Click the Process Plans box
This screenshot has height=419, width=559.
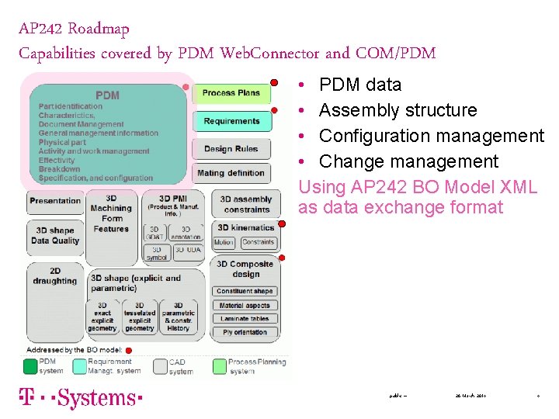point(231,93)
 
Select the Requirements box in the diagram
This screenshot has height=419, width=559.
point(231,121)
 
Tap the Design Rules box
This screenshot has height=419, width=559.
point(231,149)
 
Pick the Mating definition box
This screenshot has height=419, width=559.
point(231,173)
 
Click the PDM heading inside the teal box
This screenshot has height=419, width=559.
point(107,95)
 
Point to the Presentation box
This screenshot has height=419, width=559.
point(55,201)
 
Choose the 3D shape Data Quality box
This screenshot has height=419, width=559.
point(55,236)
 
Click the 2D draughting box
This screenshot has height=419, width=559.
point(55,276)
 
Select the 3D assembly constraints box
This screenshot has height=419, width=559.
point(246,204)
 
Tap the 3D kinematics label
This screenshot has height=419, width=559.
point(245,228)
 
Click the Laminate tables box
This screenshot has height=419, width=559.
point(245,319)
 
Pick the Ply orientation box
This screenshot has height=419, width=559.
point(245,332)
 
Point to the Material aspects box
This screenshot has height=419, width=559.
point(245,306)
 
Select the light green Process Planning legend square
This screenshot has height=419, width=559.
point(219,365)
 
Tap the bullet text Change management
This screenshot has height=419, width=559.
point(408,161)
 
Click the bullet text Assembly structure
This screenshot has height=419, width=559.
point(398,110)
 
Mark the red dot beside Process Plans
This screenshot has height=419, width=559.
point(274,81)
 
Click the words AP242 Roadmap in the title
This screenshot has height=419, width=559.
point(75,29)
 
